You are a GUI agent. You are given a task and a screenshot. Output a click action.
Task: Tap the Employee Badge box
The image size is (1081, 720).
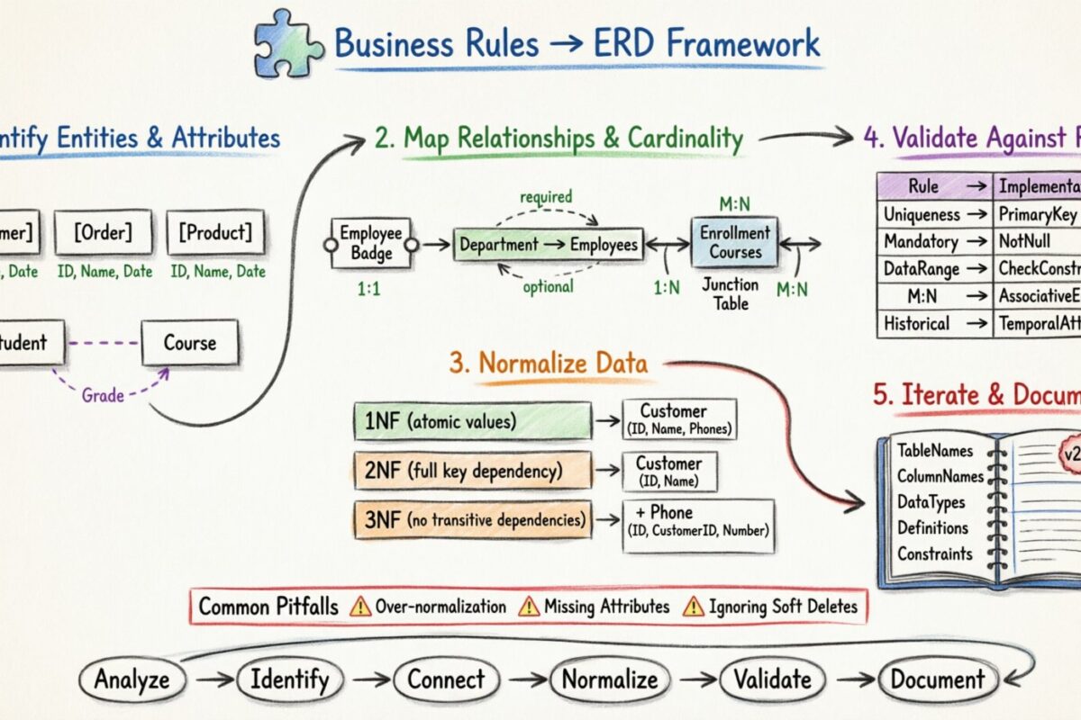point(371,243)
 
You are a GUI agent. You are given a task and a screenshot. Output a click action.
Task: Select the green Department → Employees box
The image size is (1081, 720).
point(548,244)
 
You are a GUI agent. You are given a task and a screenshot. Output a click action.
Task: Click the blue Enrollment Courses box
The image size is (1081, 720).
point(735,243)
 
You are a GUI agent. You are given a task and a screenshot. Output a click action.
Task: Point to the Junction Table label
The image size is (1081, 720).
point(731,293)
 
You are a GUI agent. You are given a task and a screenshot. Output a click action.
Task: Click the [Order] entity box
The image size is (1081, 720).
point(102,232)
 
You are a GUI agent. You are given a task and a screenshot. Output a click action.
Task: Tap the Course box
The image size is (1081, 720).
point(189,343)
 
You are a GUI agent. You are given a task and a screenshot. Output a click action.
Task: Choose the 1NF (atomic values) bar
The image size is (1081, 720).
point(472,420)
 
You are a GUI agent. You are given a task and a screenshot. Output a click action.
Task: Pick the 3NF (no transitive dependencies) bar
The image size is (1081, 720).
point(472,519)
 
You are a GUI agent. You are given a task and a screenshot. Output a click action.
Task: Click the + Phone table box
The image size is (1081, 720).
point(698,524)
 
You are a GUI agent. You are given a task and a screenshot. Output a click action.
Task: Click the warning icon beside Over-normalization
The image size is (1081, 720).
point(359,606)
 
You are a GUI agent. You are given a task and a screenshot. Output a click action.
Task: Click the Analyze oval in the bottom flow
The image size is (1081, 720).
point(132,679)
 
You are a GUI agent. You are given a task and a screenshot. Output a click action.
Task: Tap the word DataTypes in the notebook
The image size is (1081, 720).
point(931,502)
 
